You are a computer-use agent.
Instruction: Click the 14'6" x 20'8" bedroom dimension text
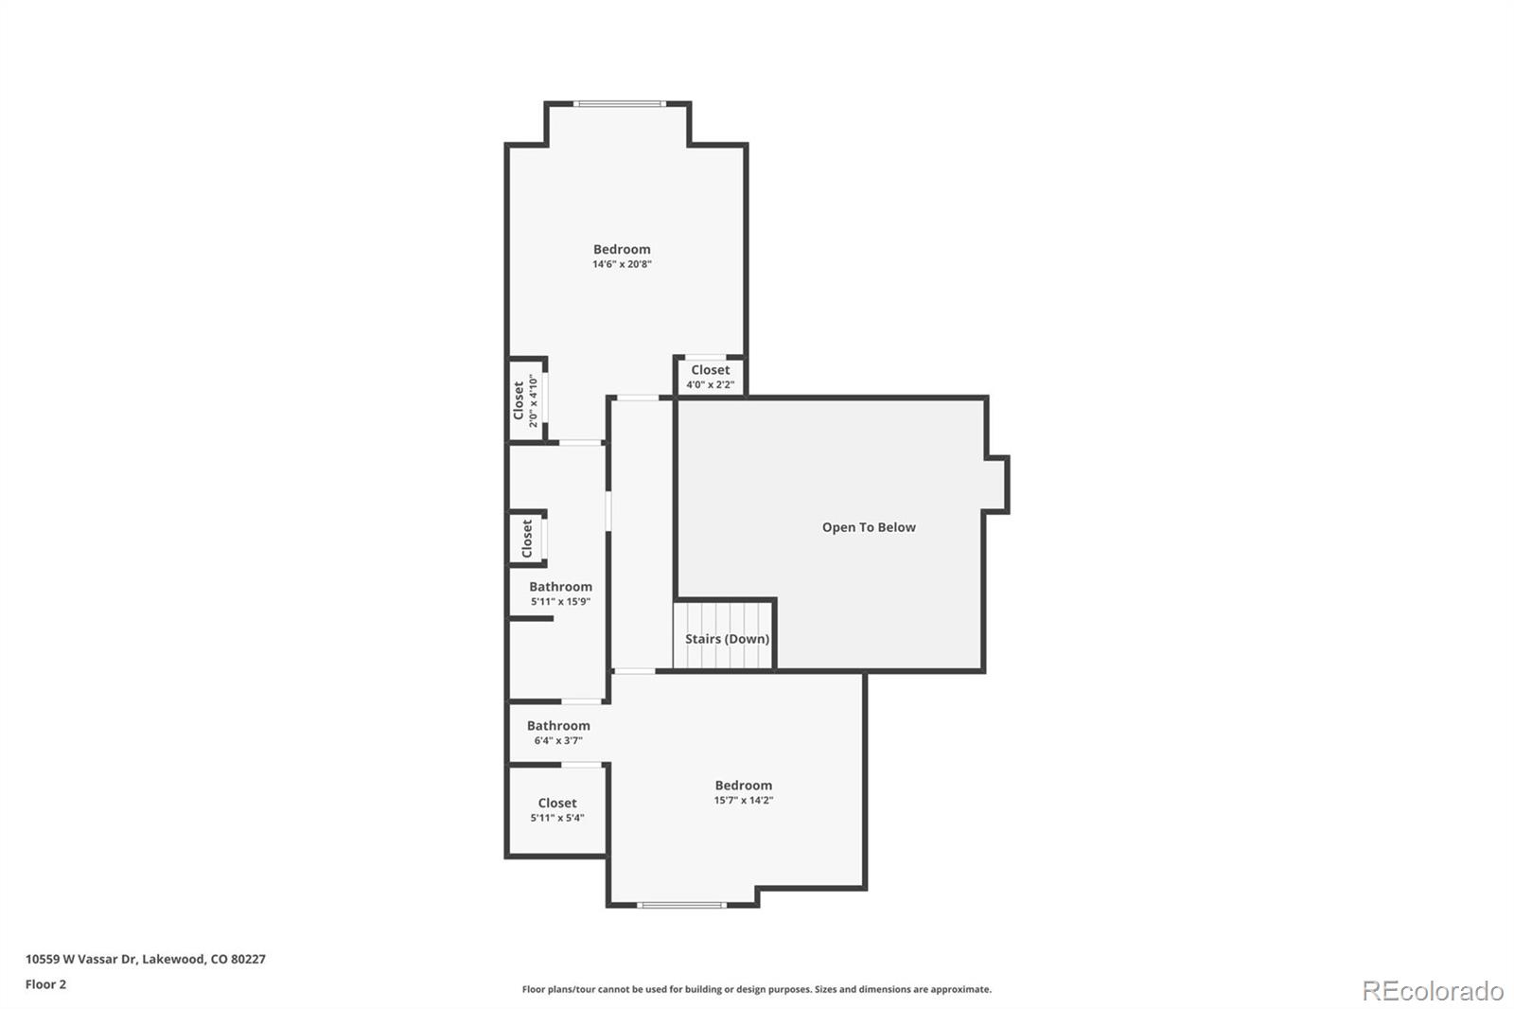(622, 264)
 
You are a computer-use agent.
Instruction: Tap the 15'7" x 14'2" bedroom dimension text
(744, 800)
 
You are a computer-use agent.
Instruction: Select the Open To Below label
(869, 527)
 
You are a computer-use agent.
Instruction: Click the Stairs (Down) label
(727, 639)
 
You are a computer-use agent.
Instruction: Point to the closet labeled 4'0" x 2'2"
(710, 377)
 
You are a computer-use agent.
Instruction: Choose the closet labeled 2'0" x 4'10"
(525, 400)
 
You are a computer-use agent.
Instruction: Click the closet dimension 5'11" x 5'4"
(557, 818)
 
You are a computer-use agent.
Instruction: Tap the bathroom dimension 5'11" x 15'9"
(560, 601)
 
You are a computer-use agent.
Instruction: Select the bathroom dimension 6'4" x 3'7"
(558, 740)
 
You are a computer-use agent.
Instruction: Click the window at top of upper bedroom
(620, 103)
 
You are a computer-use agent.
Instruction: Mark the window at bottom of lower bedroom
(681, 905)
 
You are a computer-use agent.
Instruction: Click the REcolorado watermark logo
(1433, 991)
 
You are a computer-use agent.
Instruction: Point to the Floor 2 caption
(45, 984)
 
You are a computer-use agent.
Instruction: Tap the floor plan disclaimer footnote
(757, 989)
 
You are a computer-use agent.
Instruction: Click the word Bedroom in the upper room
(622, 249)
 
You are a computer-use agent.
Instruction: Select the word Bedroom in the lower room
(744, 785)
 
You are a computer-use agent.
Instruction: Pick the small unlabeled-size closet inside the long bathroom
(527, 539)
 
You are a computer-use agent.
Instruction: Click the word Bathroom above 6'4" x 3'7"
(558, 725)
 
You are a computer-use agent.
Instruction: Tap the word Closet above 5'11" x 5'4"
(557, 803)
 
